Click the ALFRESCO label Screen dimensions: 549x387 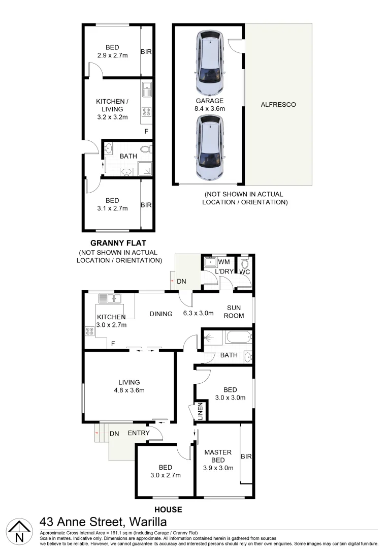(278, 105)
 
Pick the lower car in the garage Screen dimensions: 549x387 (210, 148)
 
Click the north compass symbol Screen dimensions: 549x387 (19, 532)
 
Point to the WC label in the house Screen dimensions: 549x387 (244, 272)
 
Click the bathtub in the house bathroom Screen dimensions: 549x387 (237, 337)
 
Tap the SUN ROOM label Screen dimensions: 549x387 (235, 312)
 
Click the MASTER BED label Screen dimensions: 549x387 (218, 456)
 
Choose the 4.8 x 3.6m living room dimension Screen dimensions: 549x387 (129, 390)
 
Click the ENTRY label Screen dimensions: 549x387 (139, 433)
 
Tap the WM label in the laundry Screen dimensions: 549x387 (224, 262)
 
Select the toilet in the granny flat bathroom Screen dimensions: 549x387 (145, 149)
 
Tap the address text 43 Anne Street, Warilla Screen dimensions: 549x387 (103, 522)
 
